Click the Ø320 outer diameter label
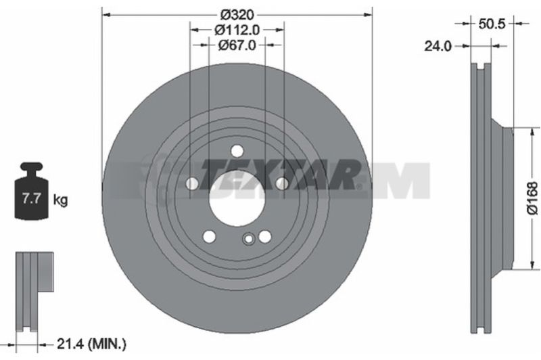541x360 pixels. [237, 15]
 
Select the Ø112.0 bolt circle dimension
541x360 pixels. [237, 30]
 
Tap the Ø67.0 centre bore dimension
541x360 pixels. [237, 45]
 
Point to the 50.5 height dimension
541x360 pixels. [492, 24]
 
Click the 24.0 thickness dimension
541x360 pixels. [438, 46]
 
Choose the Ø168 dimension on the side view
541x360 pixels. [533, 198]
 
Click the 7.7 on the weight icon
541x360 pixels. [31, 199]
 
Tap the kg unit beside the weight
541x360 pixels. [60, 200]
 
